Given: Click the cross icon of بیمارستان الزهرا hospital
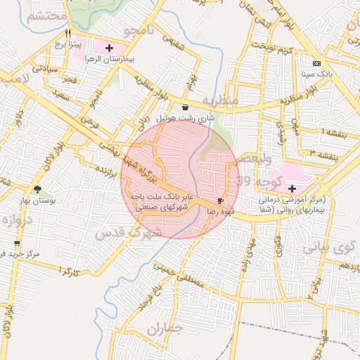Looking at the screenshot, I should [109, 47].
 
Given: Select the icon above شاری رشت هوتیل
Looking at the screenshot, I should [184, 108].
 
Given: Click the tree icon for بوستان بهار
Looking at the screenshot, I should [37, 189].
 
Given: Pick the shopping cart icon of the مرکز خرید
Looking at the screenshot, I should [16, 252].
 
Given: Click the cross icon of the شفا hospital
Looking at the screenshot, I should [292, 188].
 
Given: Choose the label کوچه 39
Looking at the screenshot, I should [260, 181].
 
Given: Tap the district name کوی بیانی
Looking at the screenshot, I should [324, 247].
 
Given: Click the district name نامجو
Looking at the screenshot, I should [138, 31].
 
